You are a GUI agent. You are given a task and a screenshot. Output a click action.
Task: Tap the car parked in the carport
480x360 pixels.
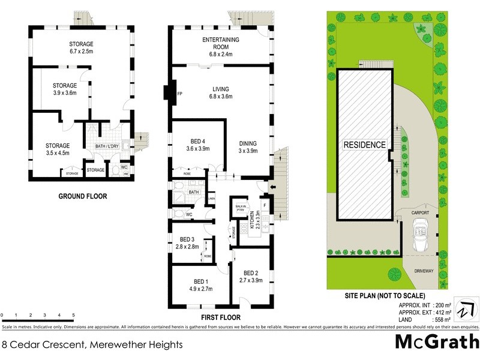point(419,235)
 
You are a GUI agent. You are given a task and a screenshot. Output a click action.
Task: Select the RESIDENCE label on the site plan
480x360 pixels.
point(364,145)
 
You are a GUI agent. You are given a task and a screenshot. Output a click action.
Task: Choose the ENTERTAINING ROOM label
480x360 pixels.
point(220,44)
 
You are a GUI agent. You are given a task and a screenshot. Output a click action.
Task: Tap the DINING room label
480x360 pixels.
point(248,147)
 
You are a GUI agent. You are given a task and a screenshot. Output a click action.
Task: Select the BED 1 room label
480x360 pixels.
point(200,285)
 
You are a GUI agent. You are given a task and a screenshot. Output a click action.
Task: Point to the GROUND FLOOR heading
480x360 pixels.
point(83,196)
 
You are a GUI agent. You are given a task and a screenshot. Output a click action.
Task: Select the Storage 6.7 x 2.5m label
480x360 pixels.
point(82,47)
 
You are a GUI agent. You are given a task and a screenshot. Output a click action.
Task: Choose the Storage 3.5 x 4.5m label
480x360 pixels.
point(58,149)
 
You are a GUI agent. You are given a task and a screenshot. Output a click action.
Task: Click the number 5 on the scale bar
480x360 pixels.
point(73,315)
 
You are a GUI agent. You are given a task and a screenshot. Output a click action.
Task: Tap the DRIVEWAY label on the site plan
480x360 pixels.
point(424,271)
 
